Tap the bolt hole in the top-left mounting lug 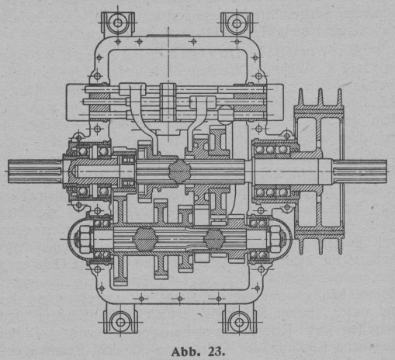(x=118, y=23)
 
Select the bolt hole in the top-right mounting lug (x=237, y=23)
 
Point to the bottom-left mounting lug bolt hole (x=120, y=322)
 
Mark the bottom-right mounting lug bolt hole (x=239, y=322)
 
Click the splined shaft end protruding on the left (x=35, y=171)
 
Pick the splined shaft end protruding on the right (x=360, y=171)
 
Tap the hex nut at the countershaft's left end (x=85, y=239)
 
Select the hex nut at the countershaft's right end (x=275, y=239)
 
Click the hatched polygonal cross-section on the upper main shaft (x=180, y=171)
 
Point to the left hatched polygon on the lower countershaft (x=144, y=239)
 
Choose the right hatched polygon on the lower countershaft (x=214, y=239)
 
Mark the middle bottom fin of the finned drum (x=321, y=246)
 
